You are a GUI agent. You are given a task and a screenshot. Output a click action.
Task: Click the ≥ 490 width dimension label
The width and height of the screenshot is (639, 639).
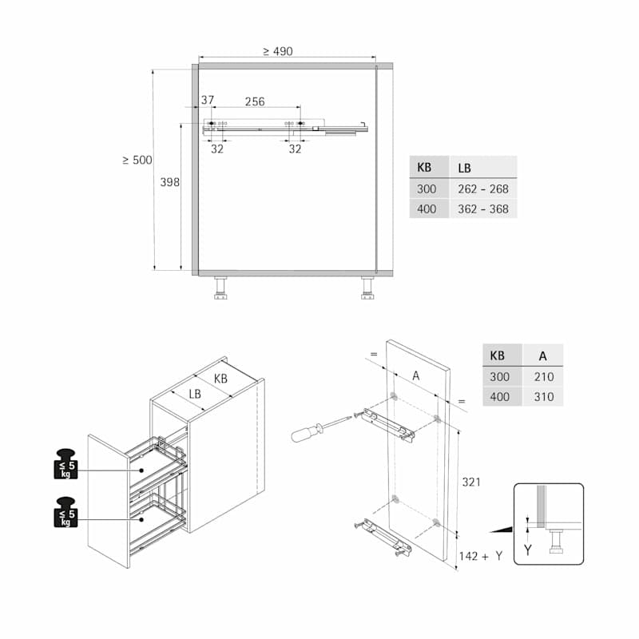(277, 51)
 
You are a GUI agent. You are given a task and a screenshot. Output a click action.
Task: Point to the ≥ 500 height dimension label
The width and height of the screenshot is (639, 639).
(137, 160)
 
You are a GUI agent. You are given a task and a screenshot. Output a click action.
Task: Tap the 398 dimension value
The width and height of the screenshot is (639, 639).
(169, 182)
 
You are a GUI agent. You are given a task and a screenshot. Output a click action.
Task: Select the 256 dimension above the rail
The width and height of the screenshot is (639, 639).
(255, 101)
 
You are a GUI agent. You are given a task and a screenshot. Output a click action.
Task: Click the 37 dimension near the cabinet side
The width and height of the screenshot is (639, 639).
(208, 100)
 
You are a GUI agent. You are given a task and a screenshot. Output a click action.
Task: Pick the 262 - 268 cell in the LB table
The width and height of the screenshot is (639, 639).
(483, 189)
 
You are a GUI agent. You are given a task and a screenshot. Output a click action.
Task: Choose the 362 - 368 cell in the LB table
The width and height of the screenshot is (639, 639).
(483, 209)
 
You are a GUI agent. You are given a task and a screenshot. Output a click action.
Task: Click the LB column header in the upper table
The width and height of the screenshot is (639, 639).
(464, 168)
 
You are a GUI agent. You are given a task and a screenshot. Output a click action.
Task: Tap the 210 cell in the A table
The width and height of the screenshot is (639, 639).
(544, 376)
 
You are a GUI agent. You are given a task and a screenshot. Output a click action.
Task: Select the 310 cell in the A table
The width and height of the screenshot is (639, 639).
(544, 396)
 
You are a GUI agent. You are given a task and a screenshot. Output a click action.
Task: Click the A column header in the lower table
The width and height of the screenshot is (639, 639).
(543, 356)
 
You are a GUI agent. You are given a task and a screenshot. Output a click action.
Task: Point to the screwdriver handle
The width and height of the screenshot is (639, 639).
(306, 433)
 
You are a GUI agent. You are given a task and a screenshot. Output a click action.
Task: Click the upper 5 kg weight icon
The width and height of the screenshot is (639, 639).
(66, 464)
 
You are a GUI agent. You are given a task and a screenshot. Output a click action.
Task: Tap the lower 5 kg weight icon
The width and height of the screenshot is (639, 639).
(66, 512)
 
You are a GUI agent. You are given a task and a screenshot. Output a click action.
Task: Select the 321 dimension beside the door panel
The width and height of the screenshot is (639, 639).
(471, 482)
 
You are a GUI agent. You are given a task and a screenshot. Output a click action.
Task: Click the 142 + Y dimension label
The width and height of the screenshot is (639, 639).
(481, 556)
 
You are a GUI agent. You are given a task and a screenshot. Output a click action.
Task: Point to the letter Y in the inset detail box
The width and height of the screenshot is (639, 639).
(528, 550)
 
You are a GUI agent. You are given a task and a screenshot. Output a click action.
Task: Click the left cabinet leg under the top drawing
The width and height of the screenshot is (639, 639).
(220, 288)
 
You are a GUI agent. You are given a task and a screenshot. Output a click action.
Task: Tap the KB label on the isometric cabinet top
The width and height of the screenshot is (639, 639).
(220, 379)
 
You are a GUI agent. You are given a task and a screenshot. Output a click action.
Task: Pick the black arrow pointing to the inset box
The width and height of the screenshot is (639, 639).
(501, 530)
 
